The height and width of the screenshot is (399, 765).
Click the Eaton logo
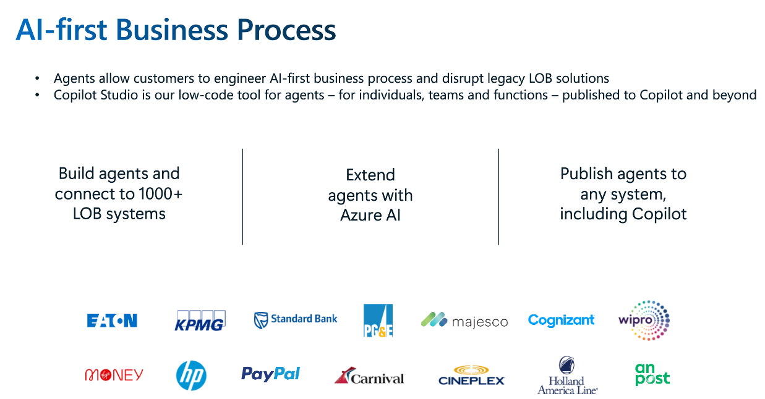(112, 321)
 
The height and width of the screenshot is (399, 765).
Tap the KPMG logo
(200, 321)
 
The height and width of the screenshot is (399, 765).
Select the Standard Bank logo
(296, 320)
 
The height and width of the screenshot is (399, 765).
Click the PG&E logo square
(378, 320)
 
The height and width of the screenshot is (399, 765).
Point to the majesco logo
(464, 320)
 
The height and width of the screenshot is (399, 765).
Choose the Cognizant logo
(561, 320)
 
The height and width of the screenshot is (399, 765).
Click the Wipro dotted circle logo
(644, 320)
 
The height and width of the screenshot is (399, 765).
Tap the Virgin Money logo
(114, 375)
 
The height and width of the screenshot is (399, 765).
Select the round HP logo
(191, 375)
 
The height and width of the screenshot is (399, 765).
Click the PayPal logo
(270, 374)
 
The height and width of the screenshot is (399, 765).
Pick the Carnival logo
(369, 376)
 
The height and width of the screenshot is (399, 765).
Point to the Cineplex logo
(471, 375)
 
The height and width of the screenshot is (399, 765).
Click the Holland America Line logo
(568, 375)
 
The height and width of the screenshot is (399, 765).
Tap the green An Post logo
(652, 374)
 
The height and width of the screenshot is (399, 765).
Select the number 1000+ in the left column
(160, 194)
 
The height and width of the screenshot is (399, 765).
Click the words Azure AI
(370, 215)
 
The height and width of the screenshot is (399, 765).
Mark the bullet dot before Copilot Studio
(37, 95)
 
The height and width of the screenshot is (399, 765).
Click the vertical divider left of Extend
(242, 197)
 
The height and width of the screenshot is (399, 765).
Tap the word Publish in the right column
(586, 174)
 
